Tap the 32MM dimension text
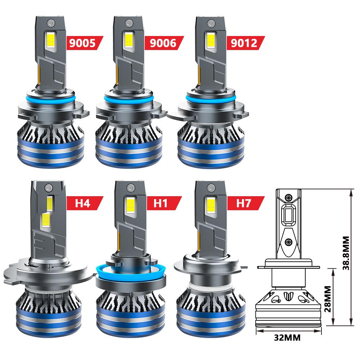point(287,338)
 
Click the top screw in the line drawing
point(289,198)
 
